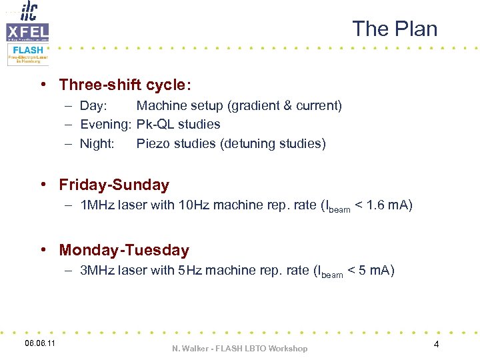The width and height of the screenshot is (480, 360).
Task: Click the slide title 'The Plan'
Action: tap(395, 29)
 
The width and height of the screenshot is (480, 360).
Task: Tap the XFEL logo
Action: tap(27, 31)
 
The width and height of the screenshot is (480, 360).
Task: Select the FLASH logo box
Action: tap(28, 53)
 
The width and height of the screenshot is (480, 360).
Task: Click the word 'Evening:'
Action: tap(106, 124)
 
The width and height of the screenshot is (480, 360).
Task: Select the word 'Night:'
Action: tap(97, 143)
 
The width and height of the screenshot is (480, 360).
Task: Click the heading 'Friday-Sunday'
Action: tap(114, 185)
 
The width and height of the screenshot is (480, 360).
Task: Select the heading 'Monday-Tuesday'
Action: tap(124, 250)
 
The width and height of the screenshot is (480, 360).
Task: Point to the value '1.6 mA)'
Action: tap(390, 205)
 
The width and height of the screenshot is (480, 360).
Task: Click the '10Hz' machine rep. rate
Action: tap(194, 205)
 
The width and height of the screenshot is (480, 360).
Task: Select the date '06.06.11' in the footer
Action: tap(40, 343)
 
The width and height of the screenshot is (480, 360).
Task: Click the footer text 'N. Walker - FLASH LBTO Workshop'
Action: tap(240, 349)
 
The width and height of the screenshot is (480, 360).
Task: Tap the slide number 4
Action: tap(436, 344)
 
